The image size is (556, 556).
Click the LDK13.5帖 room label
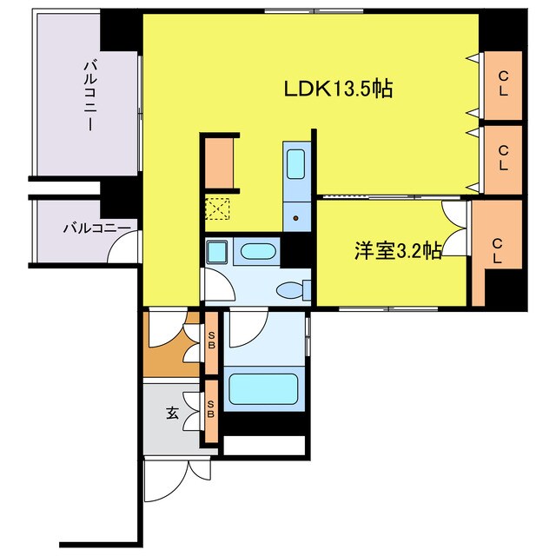[x=338, y=89]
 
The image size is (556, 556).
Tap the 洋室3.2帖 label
[x=397, y=251]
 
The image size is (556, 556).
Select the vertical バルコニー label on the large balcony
[x=89, y=95]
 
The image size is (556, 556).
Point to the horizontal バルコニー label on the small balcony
[x=96, y=229]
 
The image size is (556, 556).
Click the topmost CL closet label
[x=503, y=84]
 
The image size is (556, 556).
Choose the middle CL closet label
[x=503, y=158]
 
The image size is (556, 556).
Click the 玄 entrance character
[x=172, y=414]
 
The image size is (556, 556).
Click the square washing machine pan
[x=215, y=252]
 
